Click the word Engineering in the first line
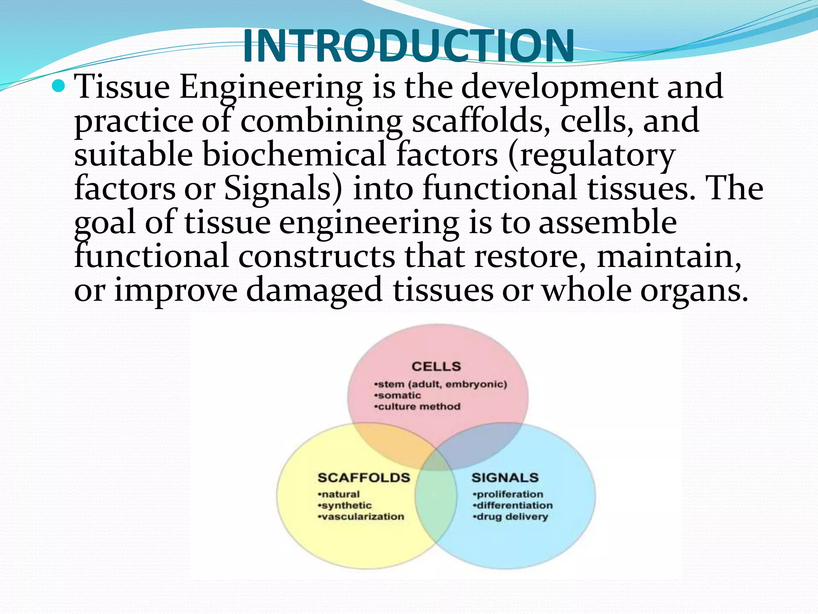(271, 88)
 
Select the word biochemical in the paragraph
(294, 155)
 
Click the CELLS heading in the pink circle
(436, 367)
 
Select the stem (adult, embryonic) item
(441, 385)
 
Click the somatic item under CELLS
(398, 396)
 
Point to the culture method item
(418, 407)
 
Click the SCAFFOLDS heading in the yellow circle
(363, 478)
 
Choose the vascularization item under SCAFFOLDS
(361, 517)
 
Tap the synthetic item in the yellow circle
(345, 506)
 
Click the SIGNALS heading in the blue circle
(505, 478)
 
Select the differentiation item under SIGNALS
(513, 506)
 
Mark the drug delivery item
(511, 517)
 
